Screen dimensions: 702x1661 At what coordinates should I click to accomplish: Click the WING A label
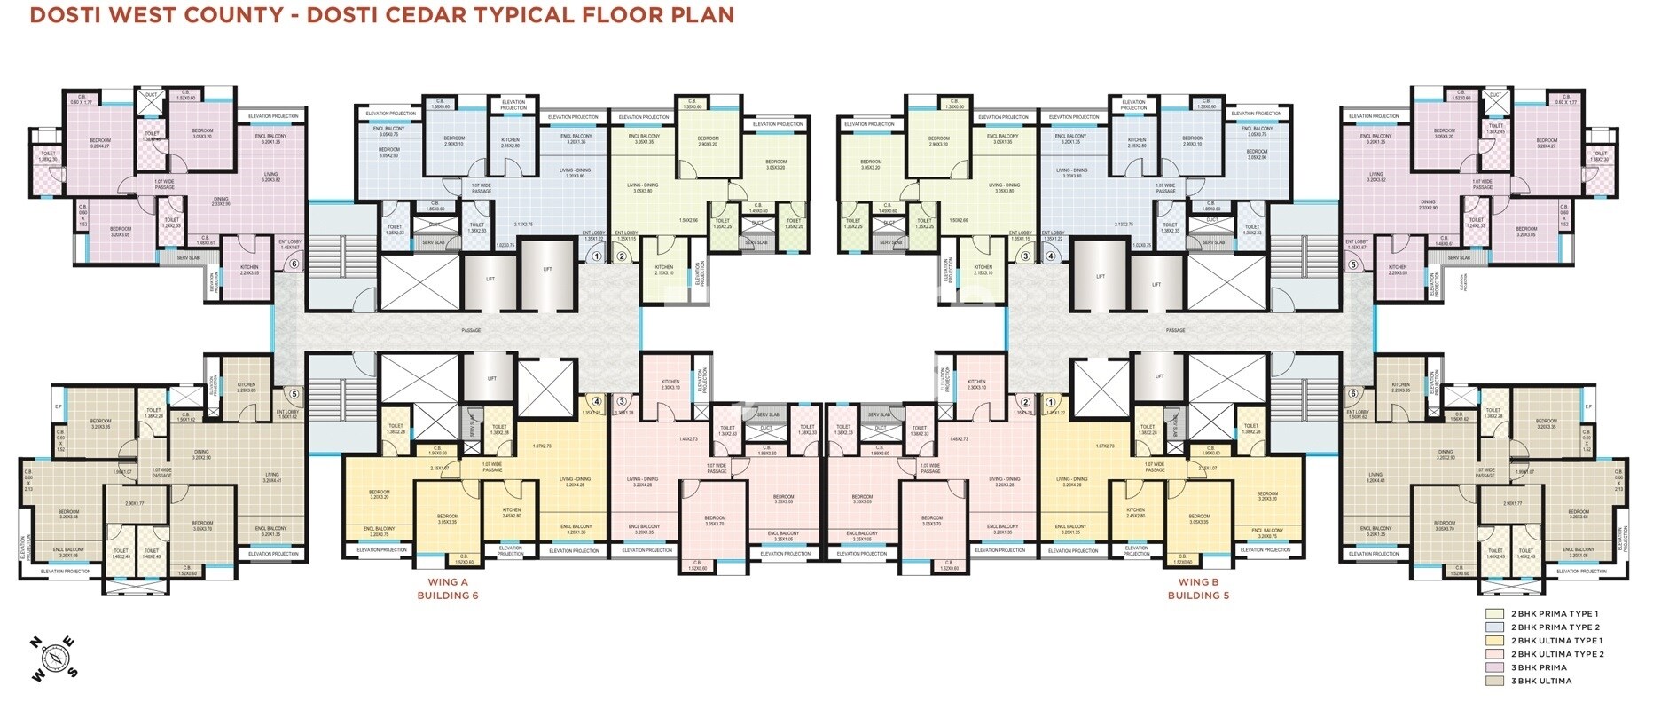pyautogui.click(x=448, y=582)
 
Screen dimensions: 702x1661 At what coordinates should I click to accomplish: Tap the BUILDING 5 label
pyautogui.click(x=1197, y=596)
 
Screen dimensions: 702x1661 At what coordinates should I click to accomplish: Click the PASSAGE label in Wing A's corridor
pyautogui.click(x=471, y=331)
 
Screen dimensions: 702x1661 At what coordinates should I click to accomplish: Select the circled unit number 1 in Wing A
pyautogui.click(x=597, y=256)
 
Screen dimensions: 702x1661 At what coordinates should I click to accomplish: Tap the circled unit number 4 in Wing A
pyautogui.click(x=597, y=401)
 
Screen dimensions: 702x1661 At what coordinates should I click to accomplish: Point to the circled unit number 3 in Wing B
pyautogui.click(x=1026, y=256)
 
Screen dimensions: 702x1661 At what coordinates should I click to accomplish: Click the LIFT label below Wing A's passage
pyautogui.click(x=492, y=378)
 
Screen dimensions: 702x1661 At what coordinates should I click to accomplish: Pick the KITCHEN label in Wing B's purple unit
pyautogui.click(x=1398, y=267)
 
